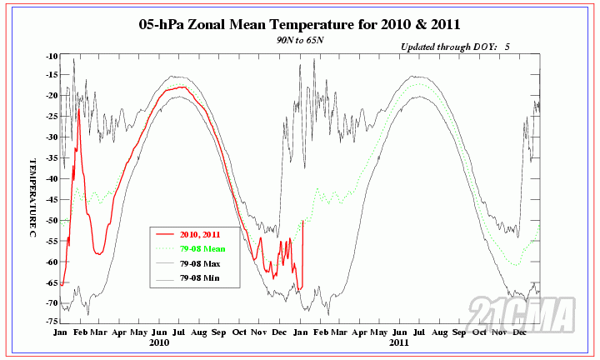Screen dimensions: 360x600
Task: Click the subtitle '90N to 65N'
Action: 300,39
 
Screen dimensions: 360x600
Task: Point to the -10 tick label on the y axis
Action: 52,56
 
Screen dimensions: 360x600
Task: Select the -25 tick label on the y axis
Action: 52,116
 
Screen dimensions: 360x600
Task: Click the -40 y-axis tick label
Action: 52,177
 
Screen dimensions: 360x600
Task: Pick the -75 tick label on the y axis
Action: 52,322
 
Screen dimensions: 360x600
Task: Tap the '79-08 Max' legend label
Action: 201,263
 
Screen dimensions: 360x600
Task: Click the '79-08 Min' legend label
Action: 201,277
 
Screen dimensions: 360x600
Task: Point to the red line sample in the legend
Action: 165,235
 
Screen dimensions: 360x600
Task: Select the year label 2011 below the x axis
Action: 399,342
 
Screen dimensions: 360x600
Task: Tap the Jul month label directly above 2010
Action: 180,332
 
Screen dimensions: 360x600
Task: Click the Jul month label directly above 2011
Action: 419,332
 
